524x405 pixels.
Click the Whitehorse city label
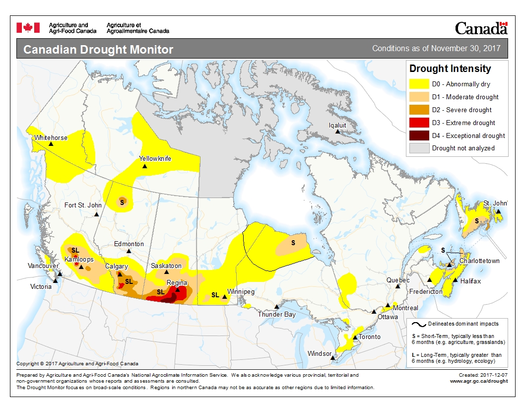[51, 137]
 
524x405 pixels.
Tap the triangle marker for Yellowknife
[145, 166]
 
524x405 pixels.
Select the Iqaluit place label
[337, 126]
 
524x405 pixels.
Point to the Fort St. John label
[83, 205]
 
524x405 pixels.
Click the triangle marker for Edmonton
[129, 251]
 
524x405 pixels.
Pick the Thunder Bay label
[276, 314]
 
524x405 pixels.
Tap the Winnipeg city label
[241, 292]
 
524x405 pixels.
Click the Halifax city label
[470, 281]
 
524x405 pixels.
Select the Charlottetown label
[479, 261]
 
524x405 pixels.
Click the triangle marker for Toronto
[355, 337]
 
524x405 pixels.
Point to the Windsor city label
[320, 354]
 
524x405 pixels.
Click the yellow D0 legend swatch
[419, 84]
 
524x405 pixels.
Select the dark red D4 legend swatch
[419, 135]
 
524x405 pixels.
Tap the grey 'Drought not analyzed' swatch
[419, 148]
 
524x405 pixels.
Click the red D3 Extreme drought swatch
[419, 123]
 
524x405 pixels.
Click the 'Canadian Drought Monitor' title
[98, 50]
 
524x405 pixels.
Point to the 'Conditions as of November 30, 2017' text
[436, 49]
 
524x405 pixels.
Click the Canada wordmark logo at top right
[481, 28]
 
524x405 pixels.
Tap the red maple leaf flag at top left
[28, 28]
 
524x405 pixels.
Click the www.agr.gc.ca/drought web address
[478, 381]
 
